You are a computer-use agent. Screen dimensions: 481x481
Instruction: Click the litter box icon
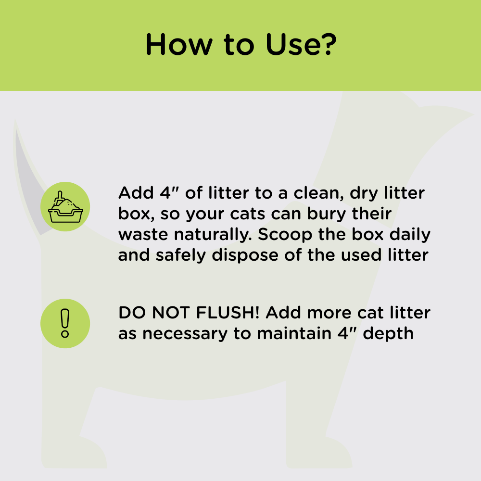[65, 207]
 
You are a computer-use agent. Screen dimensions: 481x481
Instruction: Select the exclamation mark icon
[65, 323]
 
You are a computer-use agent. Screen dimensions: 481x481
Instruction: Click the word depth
[388, 333]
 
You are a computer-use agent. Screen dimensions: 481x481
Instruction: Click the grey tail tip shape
[31, 183]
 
